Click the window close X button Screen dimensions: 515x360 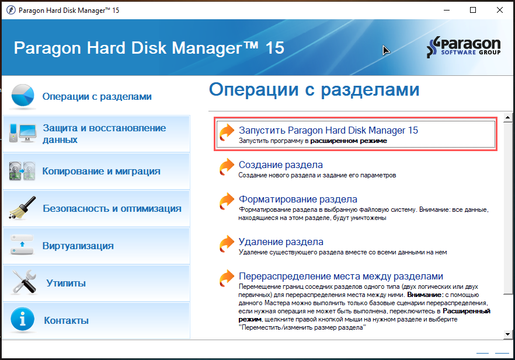500,10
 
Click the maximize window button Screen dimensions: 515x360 473,10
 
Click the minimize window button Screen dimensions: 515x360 447,10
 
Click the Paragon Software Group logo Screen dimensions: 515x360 464,47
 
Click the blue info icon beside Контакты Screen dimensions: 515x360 22,319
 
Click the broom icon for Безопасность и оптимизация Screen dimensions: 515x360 22,208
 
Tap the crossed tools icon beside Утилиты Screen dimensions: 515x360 23,282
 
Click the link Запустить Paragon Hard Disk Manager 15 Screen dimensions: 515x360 328,130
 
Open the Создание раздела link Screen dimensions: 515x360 280,165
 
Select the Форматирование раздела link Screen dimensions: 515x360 298,199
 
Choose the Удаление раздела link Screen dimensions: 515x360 281,242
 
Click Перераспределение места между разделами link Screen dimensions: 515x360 341,277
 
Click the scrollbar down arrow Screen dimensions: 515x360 508,334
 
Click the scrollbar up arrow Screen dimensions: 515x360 508,117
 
